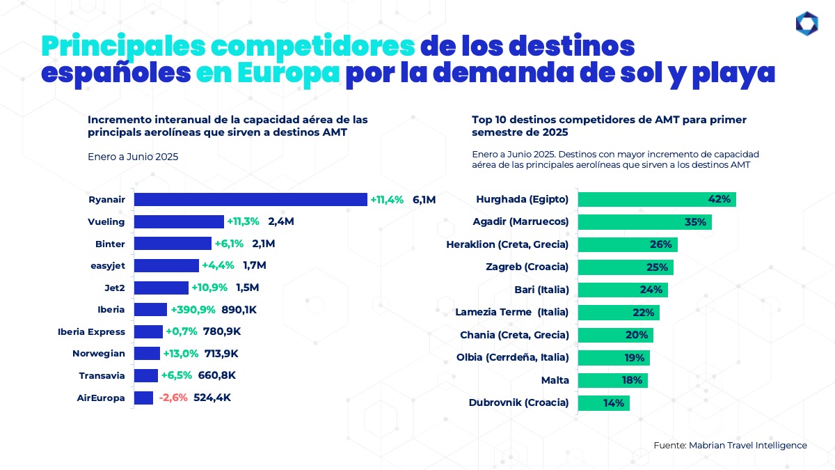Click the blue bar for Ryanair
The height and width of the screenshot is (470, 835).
click(250, 200)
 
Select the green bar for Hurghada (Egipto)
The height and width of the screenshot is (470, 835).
click(657, 200)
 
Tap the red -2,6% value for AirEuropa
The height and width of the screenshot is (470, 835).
click(173, 398)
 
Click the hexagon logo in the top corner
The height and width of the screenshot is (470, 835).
click(806, 24)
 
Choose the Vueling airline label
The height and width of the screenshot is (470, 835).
click(106, 222)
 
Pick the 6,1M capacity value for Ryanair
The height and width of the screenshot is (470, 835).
click(424, 200)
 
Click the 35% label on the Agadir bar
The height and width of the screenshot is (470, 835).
click(695, 222)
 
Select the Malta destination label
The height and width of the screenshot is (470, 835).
click(555, 380)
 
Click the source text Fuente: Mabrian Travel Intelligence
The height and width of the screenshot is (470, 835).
click(730, 445)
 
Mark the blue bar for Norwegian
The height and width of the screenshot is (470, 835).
click(147, 354)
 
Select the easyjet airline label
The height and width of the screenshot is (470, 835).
click(109, 266)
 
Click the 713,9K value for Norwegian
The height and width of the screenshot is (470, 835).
click(221, 354)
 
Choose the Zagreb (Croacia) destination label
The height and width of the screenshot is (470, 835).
click(527, 267)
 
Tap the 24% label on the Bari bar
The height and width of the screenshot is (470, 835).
click(651, 290)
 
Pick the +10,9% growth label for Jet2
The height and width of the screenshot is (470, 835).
click(209, 288)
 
